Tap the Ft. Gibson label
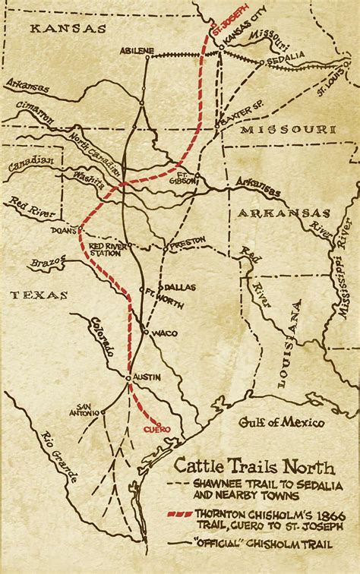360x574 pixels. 197,176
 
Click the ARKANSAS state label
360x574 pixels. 283,213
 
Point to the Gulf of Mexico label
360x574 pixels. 281,422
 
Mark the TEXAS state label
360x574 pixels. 38,295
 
